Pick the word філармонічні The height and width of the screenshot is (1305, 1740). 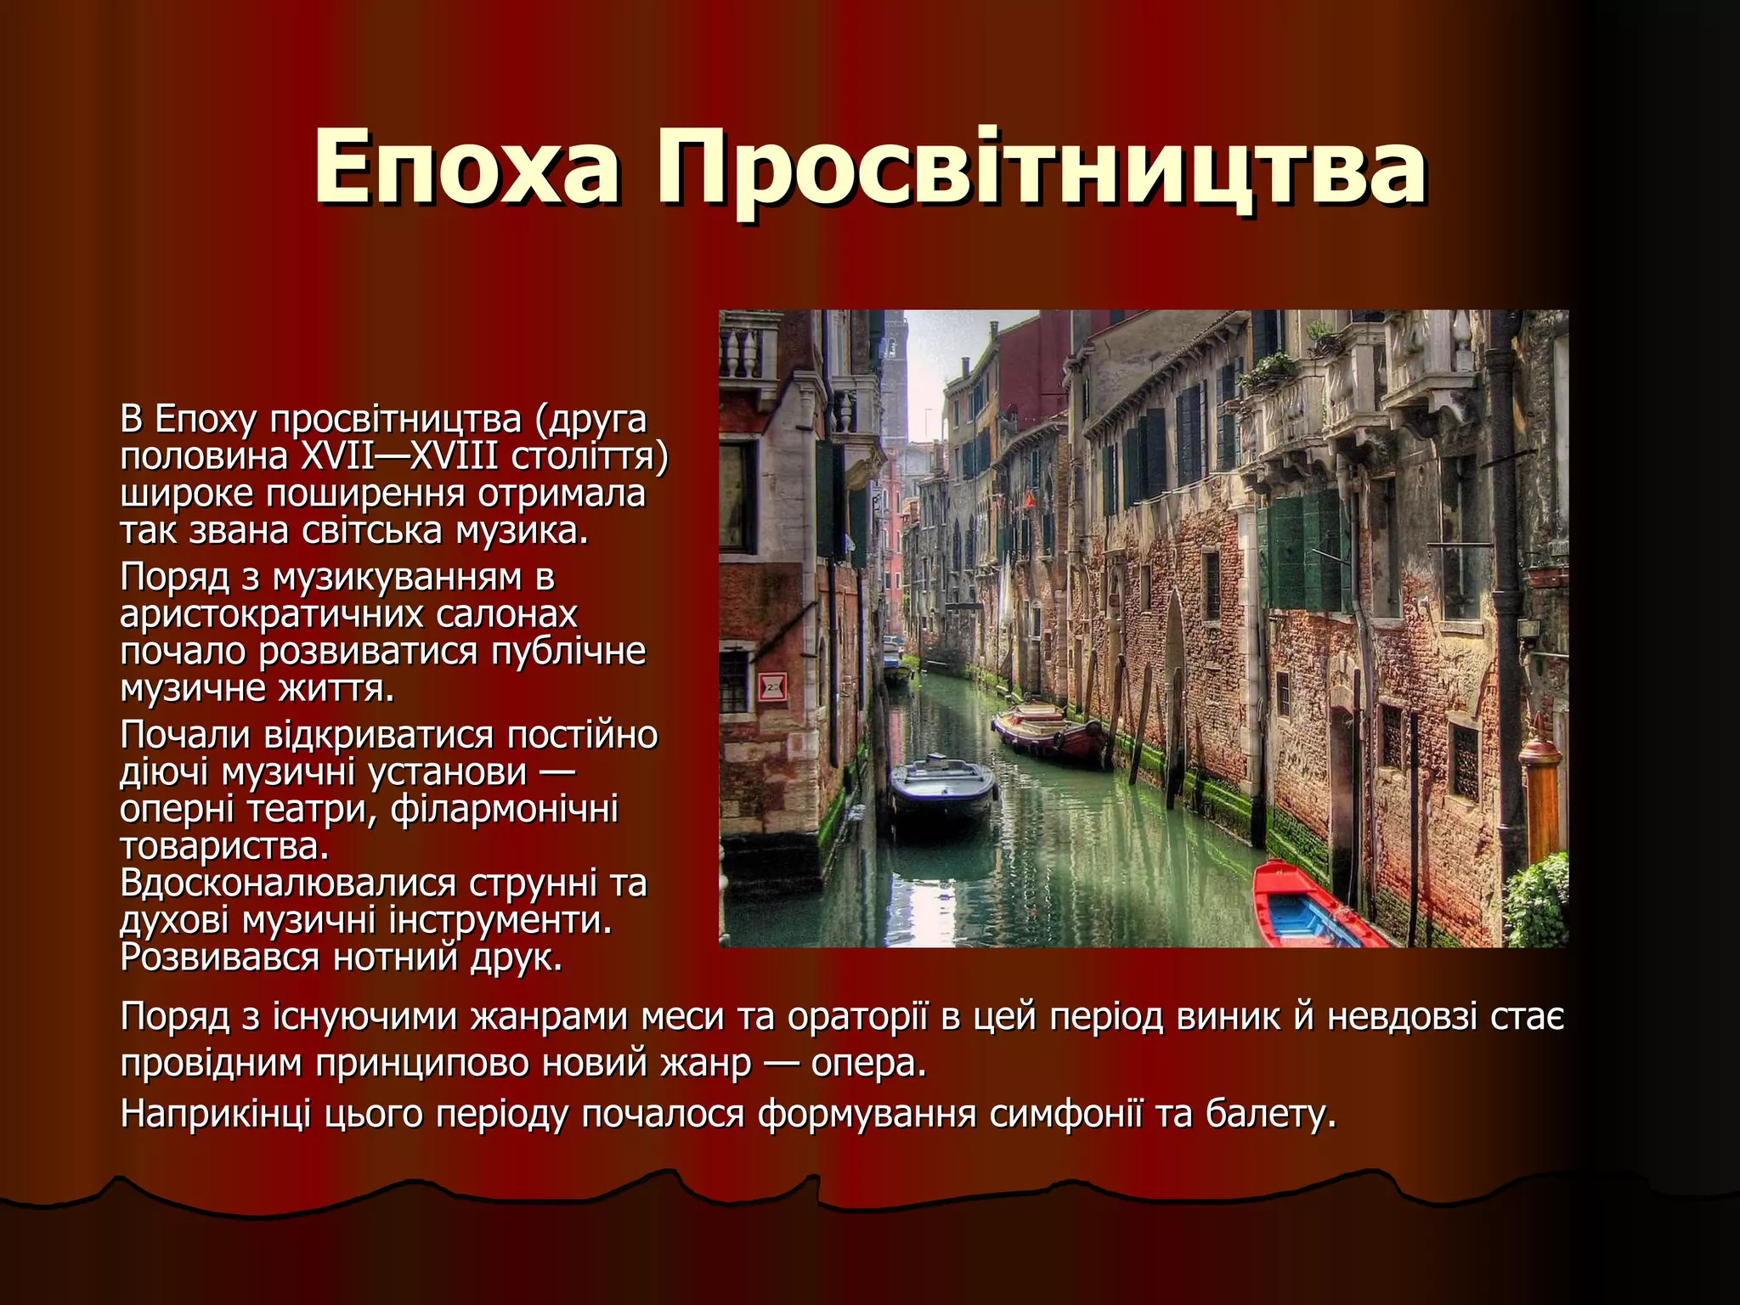505,809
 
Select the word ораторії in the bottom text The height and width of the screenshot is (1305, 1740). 858,1017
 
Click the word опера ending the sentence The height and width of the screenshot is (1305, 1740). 867,1063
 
